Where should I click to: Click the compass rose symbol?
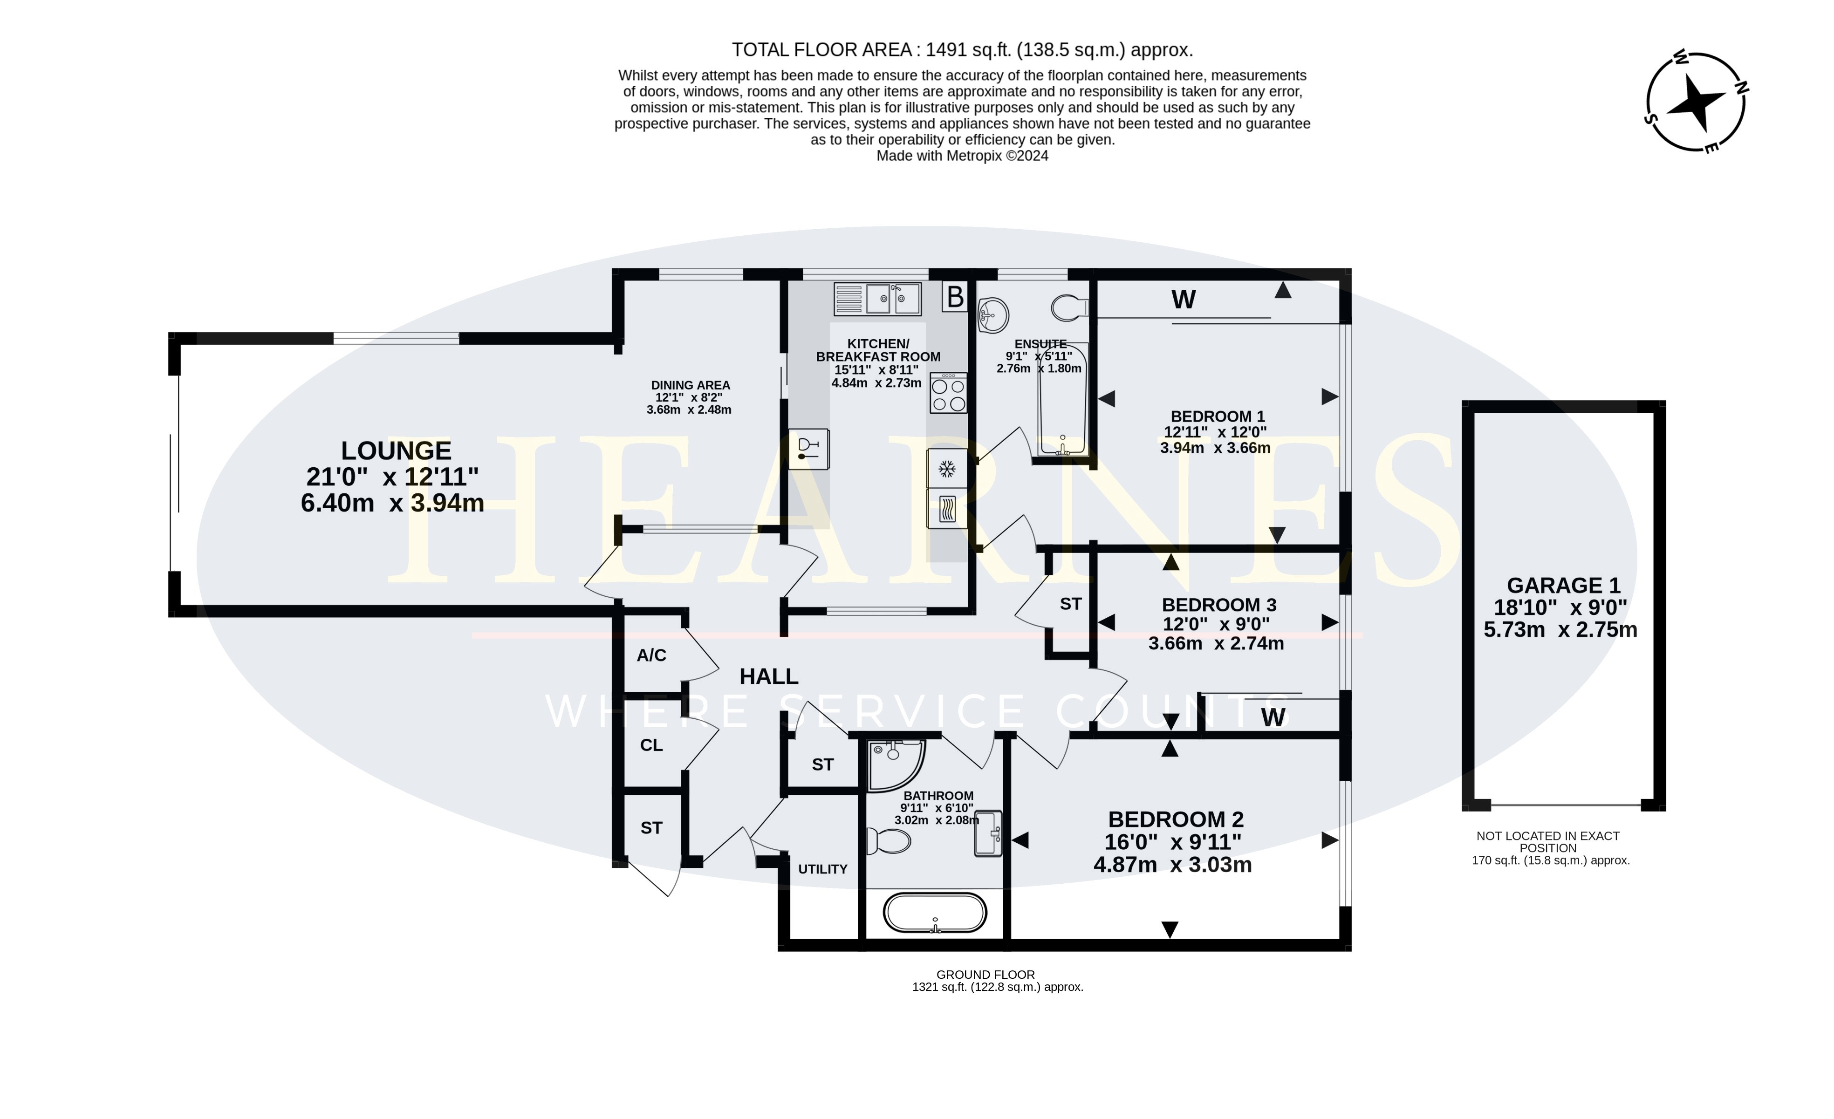[x=1696, y=102]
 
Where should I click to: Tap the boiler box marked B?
[x=954, y=297]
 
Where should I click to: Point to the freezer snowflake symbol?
[x=947, y=469]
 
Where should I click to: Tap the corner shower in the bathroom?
[x=896, y=765]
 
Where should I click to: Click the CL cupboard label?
[x=651, y=745]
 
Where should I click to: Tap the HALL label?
[x=769, y=676]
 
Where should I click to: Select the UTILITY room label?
[x=822, y=869]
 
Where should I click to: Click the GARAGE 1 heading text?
[x=1563, y=586]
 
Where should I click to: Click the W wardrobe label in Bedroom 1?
[x=1184, y=300]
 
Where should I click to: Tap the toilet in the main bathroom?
[x=889, y=841]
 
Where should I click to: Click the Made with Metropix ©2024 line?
[x=962, y=156]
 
